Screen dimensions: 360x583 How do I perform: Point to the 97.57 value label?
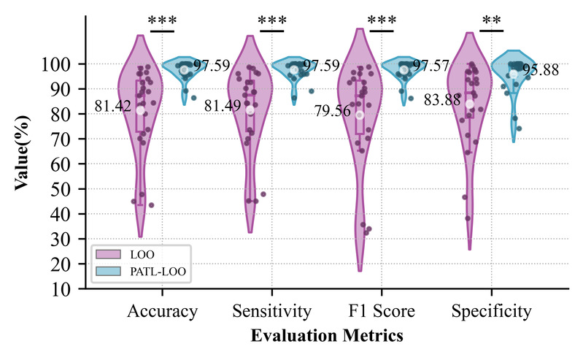pos(431,66)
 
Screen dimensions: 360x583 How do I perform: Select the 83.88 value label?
pos(442,101)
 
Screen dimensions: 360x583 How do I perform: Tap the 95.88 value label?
pos(541,70)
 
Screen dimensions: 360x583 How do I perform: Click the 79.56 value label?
pos(332,111)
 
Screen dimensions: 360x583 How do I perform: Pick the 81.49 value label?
pos(223,107)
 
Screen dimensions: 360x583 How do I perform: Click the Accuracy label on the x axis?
pos(162,312)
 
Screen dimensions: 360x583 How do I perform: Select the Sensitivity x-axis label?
pos(271,312)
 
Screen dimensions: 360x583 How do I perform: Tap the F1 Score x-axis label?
pos(381,312)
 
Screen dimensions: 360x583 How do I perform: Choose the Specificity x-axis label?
pos(491,312)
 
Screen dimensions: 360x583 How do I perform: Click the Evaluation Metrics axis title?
pos(327,336)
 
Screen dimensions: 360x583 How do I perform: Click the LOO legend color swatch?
pos(107,254)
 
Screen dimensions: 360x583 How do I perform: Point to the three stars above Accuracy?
pos(162,20)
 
